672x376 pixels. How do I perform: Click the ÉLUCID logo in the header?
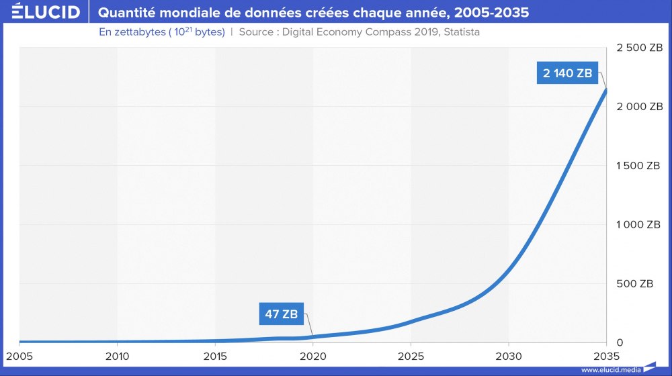[x=41, y=12]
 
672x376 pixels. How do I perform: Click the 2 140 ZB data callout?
[x=568, y=73]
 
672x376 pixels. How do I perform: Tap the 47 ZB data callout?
[x=281, y=313]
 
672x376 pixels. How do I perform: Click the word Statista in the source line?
[x=460, y=32]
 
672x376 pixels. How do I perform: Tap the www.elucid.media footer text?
[x=610, y=369]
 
